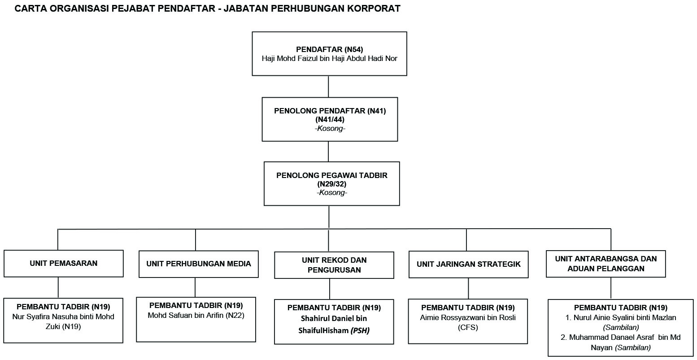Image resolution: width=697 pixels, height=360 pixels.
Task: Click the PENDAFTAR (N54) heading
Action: (x=329, y=49)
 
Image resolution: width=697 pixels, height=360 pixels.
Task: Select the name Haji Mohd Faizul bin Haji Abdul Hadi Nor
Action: (x=329, y=59)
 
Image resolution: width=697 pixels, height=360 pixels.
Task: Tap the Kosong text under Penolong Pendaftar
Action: (x=330, y=129)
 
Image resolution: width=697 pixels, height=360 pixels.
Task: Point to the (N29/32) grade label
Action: (x=332, y=184)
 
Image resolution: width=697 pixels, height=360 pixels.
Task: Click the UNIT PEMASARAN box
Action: (x=64, y=264)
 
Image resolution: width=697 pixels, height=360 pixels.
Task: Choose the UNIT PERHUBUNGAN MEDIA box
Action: (x=199, y=264)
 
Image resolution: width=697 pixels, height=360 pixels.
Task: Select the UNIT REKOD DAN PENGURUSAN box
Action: (x=334, y=265)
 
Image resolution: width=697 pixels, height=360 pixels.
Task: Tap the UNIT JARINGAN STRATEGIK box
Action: (x=469, y=264)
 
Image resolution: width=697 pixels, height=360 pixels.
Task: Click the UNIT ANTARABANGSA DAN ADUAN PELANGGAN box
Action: (x=606, y=264)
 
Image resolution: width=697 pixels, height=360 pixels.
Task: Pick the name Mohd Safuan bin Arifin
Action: (x=186, y=316)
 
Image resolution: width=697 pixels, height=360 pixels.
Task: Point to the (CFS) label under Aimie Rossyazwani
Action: (x=468, y=328)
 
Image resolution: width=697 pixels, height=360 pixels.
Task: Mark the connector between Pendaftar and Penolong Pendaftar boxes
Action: (x=328, y=87)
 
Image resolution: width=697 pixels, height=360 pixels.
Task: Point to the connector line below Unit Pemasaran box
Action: (x=58, y=287)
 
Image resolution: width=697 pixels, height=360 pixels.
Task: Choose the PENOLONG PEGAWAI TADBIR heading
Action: (x=332, y=175)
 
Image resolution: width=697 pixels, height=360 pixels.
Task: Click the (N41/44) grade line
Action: (x=330, y=120)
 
